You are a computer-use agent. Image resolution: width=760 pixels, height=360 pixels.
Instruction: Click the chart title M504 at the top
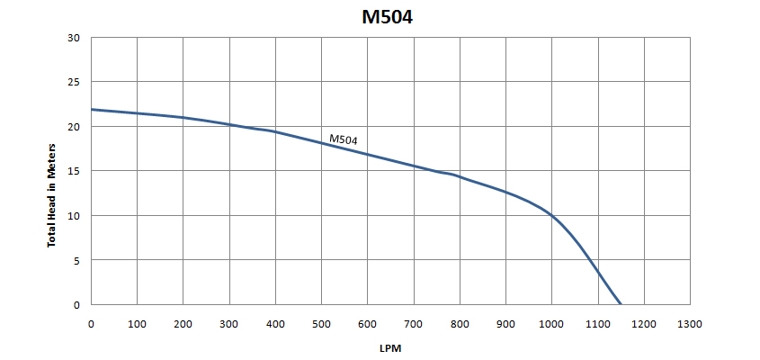click(x=388, y=17)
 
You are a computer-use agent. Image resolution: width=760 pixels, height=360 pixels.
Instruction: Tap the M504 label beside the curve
click(x=344, y=139)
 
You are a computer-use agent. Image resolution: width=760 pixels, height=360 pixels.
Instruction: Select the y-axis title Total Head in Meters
click(x=51, y=195)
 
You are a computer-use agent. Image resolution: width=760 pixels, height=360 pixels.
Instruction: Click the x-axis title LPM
click(x=390, y=348)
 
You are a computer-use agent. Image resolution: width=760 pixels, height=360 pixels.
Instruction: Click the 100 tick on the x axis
click(x=138, y=324)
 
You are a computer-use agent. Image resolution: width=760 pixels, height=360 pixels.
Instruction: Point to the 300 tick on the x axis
click(x=229, y=324)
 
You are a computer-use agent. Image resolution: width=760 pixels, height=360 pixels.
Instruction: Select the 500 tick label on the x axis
click(x=321, y=324)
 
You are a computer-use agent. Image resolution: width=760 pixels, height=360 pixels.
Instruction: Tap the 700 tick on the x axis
click(x=414, y=324)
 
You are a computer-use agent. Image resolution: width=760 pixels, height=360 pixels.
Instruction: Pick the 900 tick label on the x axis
click(x=505, y=324)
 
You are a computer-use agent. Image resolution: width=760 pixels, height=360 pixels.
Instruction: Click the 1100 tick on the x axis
click(x=598, y=324)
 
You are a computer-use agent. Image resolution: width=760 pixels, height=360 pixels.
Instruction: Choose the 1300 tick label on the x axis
click(x=690, y=324)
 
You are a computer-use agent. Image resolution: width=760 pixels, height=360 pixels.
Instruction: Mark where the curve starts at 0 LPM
click(x=92, y=110)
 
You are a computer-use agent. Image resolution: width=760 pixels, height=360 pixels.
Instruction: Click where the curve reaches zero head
click(x=621, y=304)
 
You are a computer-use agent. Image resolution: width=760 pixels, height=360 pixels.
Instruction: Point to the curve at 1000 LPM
click(x=552, y=216)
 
